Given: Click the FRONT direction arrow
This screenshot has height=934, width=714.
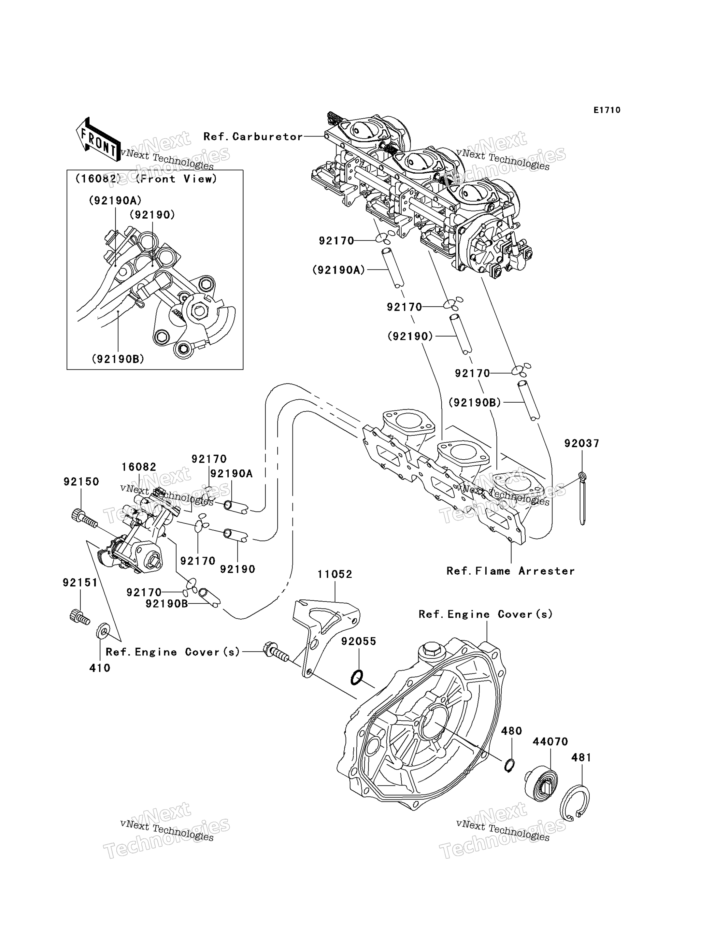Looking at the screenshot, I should click(98, 140).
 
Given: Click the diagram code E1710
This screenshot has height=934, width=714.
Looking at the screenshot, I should click(607, 110).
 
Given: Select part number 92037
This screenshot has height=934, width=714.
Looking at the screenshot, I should click(581, 443).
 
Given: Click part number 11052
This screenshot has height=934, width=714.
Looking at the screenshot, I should click(335, 574).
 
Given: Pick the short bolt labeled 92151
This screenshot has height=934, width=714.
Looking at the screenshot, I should click(79, 617).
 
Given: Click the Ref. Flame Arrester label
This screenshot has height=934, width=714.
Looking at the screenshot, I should click(510, 571).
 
